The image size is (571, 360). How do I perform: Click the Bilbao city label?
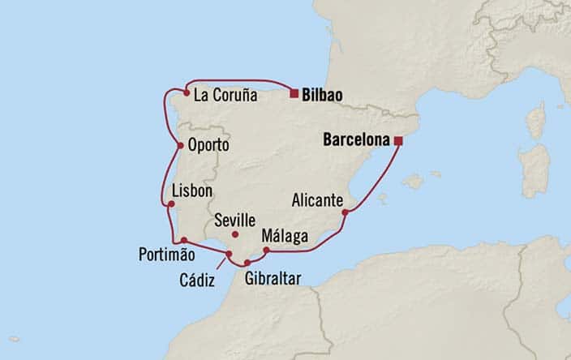point(321,95)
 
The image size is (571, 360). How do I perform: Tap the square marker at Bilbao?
point(293,94)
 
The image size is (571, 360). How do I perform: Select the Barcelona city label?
point(357,139)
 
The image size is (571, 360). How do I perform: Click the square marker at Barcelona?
point(398,140)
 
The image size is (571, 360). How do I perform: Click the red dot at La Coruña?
point(187,93)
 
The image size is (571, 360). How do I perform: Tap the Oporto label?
point(208,147)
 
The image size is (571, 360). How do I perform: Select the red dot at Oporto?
point(179,146)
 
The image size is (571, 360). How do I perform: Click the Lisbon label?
point(192,191)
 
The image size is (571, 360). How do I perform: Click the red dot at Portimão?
point(184,240)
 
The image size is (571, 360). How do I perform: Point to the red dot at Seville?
point(235,234)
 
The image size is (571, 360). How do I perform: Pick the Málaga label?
point(285,236)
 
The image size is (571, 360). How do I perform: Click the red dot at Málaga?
point(266,250)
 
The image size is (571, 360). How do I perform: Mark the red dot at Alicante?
point(346,213)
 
